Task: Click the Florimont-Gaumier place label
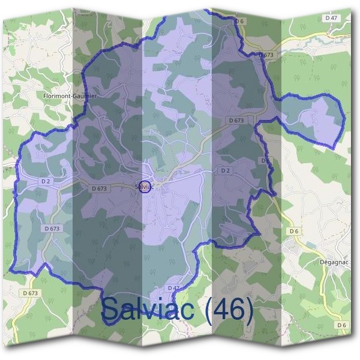[70, 95]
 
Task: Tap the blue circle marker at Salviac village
[145, 186]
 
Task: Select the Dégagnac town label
[334, 262]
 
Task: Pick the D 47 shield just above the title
[173, 288]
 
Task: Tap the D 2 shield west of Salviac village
[46, 181]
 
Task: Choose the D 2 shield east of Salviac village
[225, 170]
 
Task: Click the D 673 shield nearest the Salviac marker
[100, 188]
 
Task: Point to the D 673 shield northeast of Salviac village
[236, 120]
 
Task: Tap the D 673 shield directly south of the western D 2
[52, 229]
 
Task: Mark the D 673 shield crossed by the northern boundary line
[266, 55]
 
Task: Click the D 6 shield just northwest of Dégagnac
[293, 231]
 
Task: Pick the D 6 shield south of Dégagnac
[341, 325]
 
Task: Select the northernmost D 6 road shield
[240, 21]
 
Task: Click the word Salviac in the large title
[149, 309]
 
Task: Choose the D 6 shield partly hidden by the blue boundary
[265, 161]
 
